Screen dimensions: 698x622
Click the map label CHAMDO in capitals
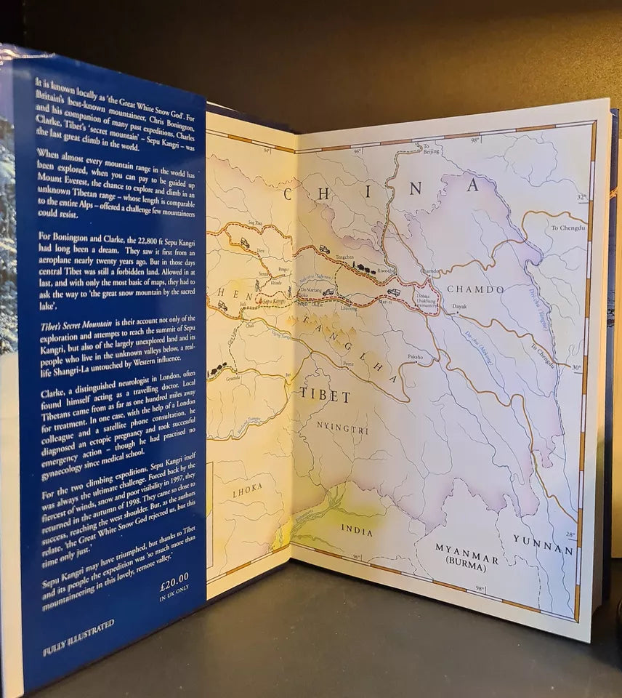475,289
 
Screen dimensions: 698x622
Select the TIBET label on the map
325,396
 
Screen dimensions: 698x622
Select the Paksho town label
415,358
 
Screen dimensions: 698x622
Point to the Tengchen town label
346,258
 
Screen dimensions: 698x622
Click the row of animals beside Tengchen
363,269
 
